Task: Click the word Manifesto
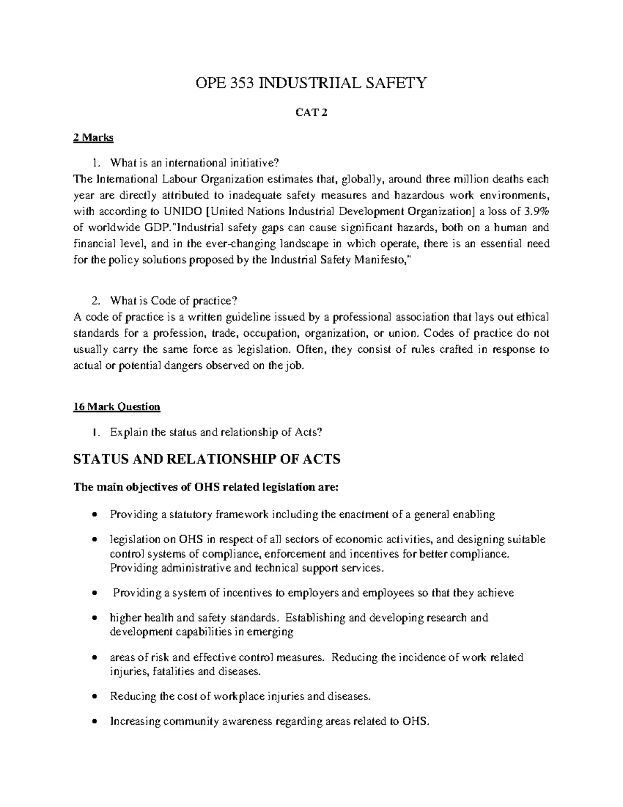pos(381,261)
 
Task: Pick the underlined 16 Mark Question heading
pos(117,406)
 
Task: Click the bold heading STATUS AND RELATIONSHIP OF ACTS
pos(207,459)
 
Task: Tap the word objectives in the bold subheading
pos(149,487)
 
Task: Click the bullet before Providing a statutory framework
pos(93,515)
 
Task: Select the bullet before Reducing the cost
pos(93,697)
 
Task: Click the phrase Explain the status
pos(155,432)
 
